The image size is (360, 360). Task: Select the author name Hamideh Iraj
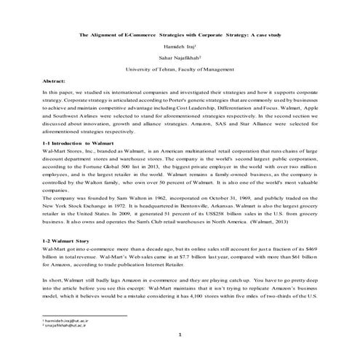click(x=179, y=48)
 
